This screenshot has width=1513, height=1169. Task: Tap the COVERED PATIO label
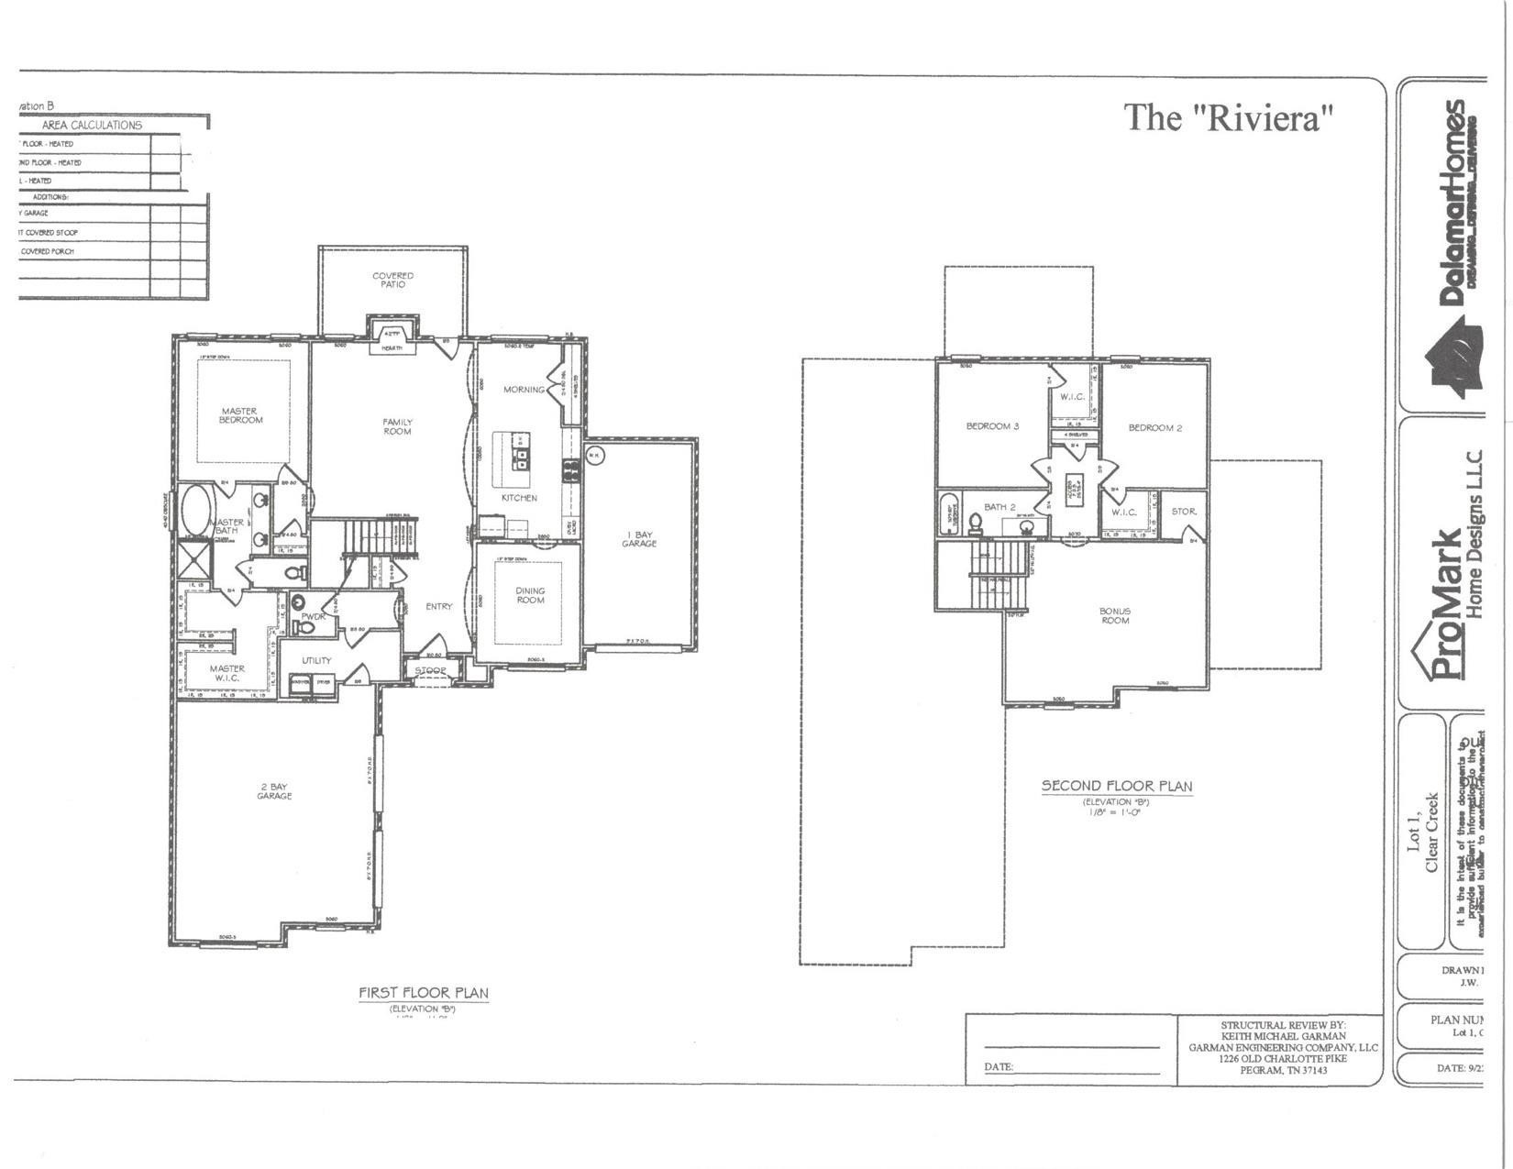point(392,280)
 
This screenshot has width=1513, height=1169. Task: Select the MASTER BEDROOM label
point(240,415)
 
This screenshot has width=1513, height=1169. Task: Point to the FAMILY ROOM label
point(397,426)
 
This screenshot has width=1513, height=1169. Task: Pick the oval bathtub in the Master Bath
point(195,510)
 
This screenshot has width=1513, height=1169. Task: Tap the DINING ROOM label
point(530,596)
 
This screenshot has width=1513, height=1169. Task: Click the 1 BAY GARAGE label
point(639,539)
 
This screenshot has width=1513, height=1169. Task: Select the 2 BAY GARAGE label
point(274,791)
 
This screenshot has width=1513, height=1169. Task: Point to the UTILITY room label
point(316,660)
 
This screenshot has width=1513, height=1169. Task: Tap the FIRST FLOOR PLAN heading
point(423,993)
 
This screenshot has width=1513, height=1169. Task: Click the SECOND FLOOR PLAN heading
point(1116,786)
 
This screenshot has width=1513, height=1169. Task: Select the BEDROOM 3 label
point(992,426)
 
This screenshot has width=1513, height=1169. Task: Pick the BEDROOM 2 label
point(1154,428)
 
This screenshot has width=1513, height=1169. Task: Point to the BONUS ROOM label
point(1115,615)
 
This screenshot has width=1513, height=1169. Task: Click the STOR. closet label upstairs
point(1183,512)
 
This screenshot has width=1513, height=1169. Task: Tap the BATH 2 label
point(999,507)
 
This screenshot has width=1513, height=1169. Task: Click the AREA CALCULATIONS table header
point(92,125)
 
